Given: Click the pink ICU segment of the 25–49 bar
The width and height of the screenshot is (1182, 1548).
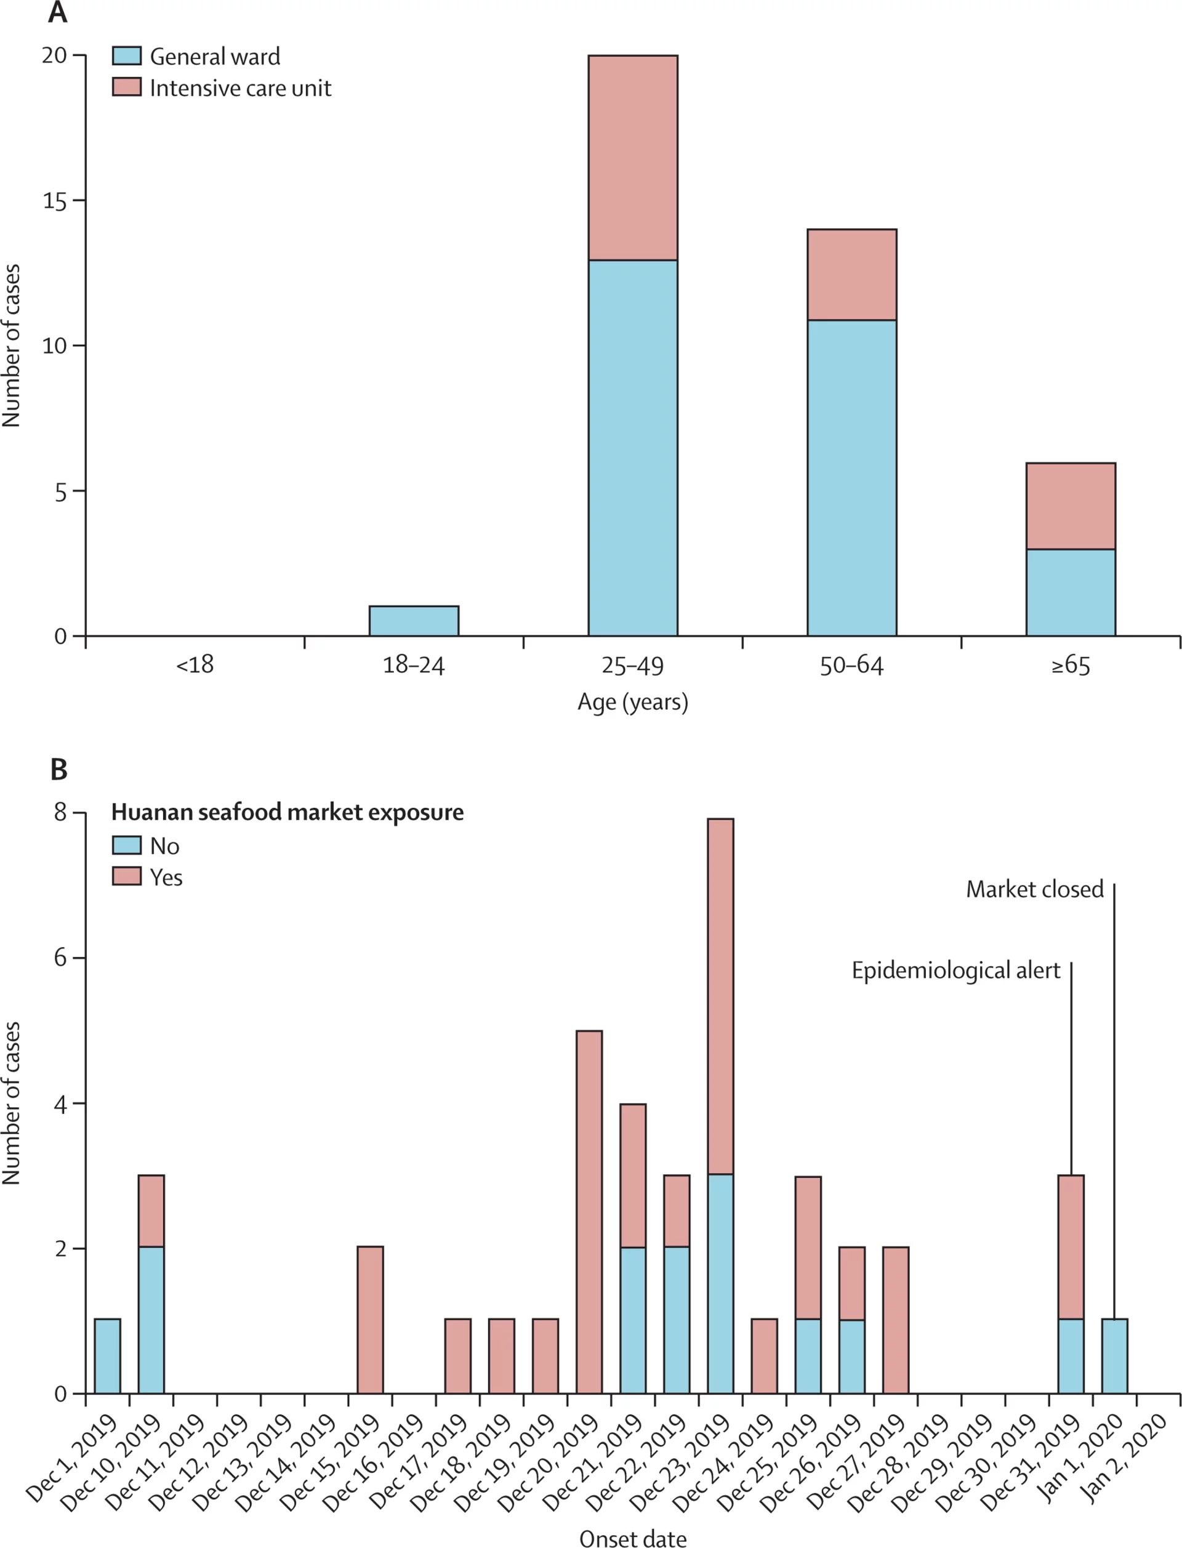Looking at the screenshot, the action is [632, 158].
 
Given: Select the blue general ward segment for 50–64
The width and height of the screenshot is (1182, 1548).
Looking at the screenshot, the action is [851, 478].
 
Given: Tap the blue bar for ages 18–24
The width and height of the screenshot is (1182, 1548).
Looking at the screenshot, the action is [414, 621].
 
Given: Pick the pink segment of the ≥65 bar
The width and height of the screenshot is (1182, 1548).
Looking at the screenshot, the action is [1070, 506].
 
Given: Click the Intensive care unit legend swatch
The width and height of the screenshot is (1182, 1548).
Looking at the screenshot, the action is [127, 87].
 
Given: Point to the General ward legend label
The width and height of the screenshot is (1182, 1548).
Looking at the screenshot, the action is [215, 56].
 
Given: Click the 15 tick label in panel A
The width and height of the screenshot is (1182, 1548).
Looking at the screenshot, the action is [54, 201].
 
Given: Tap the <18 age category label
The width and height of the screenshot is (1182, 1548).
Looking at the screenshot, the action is [195, 665].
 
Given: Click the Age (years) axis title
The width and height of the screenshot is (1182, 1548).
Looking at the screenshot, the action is [632, 702].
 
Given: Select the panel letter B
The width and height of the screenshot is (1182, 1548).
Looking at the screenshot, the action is [59, 770].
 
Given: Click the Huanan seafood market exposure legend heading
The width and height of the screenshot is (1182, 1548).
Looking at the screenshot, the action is [287, 812].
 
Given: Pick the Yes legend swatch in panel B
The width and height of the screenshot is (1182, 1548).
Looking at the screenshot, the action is [127, 876].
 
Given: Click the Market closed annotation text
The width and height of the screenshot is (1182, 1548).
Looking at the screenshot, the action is [1034, 889].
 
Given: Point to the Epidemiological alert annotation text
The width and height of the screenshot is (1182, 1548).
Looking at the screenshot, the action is [955, 971].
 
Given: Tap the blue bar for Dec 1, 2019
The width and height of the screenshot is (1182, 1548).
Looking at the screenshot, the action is [107, 1356].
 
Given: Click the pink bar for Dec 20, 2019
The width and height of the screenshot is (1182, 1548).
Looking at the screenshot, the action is [589, 1212].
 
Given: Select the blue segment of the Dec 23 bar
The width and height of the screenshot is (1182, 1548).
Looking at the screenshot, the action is [720, 1283].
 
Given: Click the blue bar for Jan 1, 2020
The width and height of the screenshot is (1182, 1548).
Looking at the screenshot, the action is [1114, 1356].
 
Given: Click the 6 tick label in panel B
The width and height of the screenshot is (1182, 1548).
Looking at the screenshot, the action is [60, 957].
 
